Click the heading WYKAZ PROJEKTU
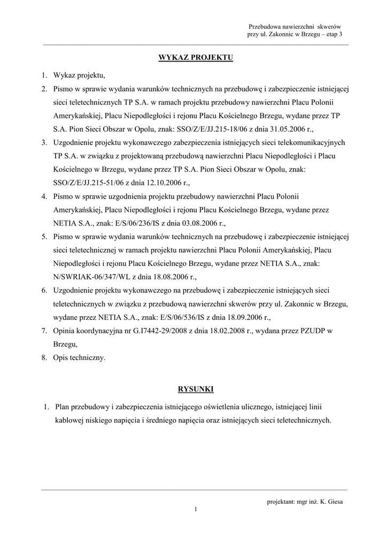tap(196, 57)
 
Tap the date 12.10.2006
tap(162, 182)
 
